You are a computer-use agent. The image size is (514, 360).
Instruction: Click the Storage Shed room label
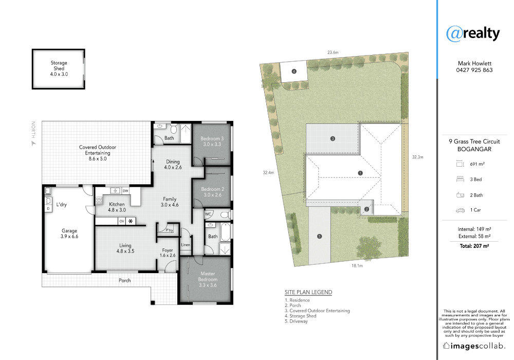59,68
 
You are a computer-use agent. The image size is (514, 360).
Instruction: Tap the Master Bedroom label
208,279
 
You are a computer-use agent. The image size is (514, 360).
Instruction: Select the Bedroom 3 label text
212,141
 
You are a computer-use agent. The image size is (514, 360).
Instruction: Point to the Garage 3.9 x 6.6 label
69,233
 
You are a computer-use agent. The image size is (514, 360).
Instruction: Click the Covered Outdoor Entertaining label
97,153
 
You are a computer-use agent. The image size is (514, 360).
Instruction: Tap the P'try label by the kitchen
170,230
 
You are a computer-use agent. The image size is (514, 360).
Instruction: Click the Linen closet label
186,245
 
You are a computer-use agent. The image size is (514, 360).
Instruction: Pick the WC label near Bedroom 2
208,214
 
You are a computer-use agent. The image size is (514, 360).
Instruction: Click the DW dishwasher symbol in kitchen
125,190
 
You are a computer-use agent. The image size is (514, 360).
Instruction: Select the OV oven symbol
122,221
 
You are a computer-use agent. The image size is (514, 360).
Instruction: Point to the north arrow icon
33,143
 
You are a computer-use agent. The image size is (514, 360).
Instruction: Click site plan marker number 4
294,71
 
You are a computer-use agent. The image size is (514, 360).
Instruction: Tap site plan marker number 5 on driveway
320,236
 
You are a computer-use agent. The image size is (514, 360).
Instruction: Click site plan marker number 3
333,139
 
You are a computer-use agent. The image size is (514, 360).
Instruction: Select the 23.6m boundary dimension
333,52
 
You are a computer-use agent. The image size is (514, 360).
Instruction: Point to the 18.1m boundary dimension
357,265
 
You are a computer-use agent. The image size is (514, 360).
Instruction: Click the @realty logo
473,34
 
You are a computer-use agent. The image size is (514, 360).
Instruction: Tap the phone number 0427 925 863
474,70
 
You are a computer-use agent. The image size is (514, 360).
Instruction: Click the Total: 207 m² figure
474,246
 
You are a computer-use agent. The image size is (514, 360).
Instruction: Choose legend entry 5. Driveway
297,321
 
